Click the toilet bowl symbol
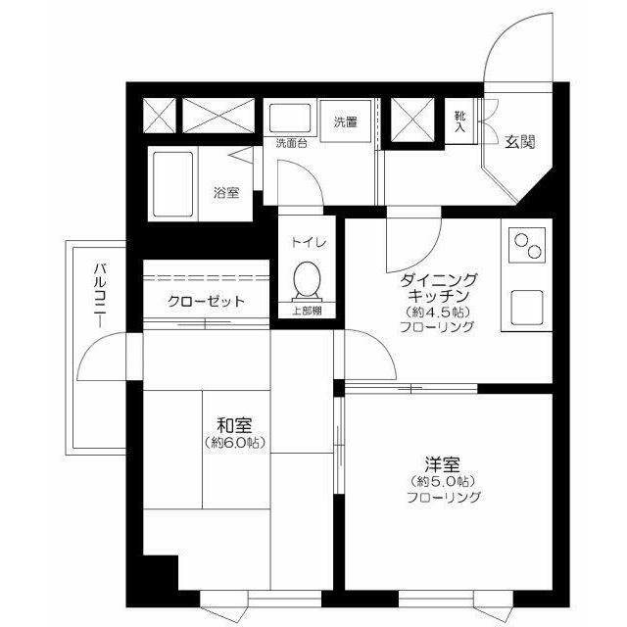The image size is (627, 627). point(305,282)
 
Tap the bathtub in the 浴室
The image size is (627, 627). point(175,186)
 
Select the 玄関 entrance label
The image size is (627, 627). point(520,142)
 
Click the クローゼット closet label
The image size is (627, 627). point(206,302)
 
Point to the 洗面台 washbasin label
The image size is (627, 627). point(291,144)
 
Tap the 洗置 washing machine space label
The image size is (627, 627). point(345,122)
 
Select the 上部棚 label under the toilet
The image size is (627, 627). point(306,312)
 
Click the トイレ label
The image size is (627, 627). point(306,242)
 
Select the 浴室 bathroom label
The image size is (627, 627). point(226,192)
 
